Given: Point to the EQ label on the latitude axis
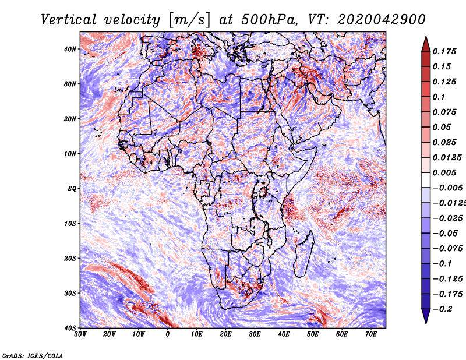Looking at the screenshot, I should [x=72, y=189].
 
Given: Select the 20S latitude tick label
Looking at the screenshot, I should [x=70, y=258].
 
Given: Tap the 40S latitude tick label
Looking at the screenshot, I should [x=70, y=328].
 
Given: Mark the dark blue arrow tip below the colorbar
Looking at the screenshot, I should [x=426, y=317].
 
